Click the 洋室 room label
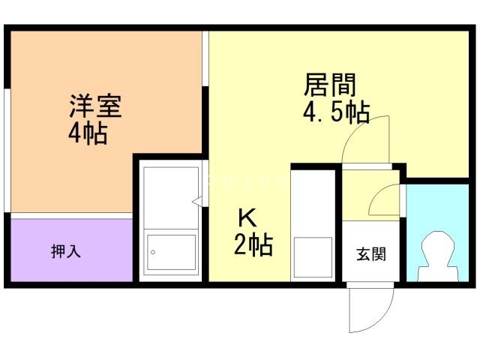coord(95,106)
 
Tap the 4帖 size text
coord(88,133)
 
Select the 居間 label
coord(330,85)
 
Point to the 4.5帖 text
coord(336,112)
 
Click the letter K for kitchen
coord(247,217)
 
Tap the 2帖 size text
coord(253,244)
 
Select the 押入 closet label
coord(66,251)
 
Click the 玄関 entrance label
coord(371,254)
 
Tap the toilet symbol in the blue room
coord(438,256)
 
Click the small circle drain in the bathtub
coord(153,252)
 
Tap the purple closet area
coord(72,250)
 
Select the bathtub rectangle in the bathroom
coord(172,253)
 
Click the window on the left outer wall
coord(7,150)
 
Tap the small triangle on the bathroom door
coord(196,202)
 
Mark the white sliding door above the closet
coord(72,215)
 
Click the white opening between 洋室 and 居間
coord(205,58)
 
